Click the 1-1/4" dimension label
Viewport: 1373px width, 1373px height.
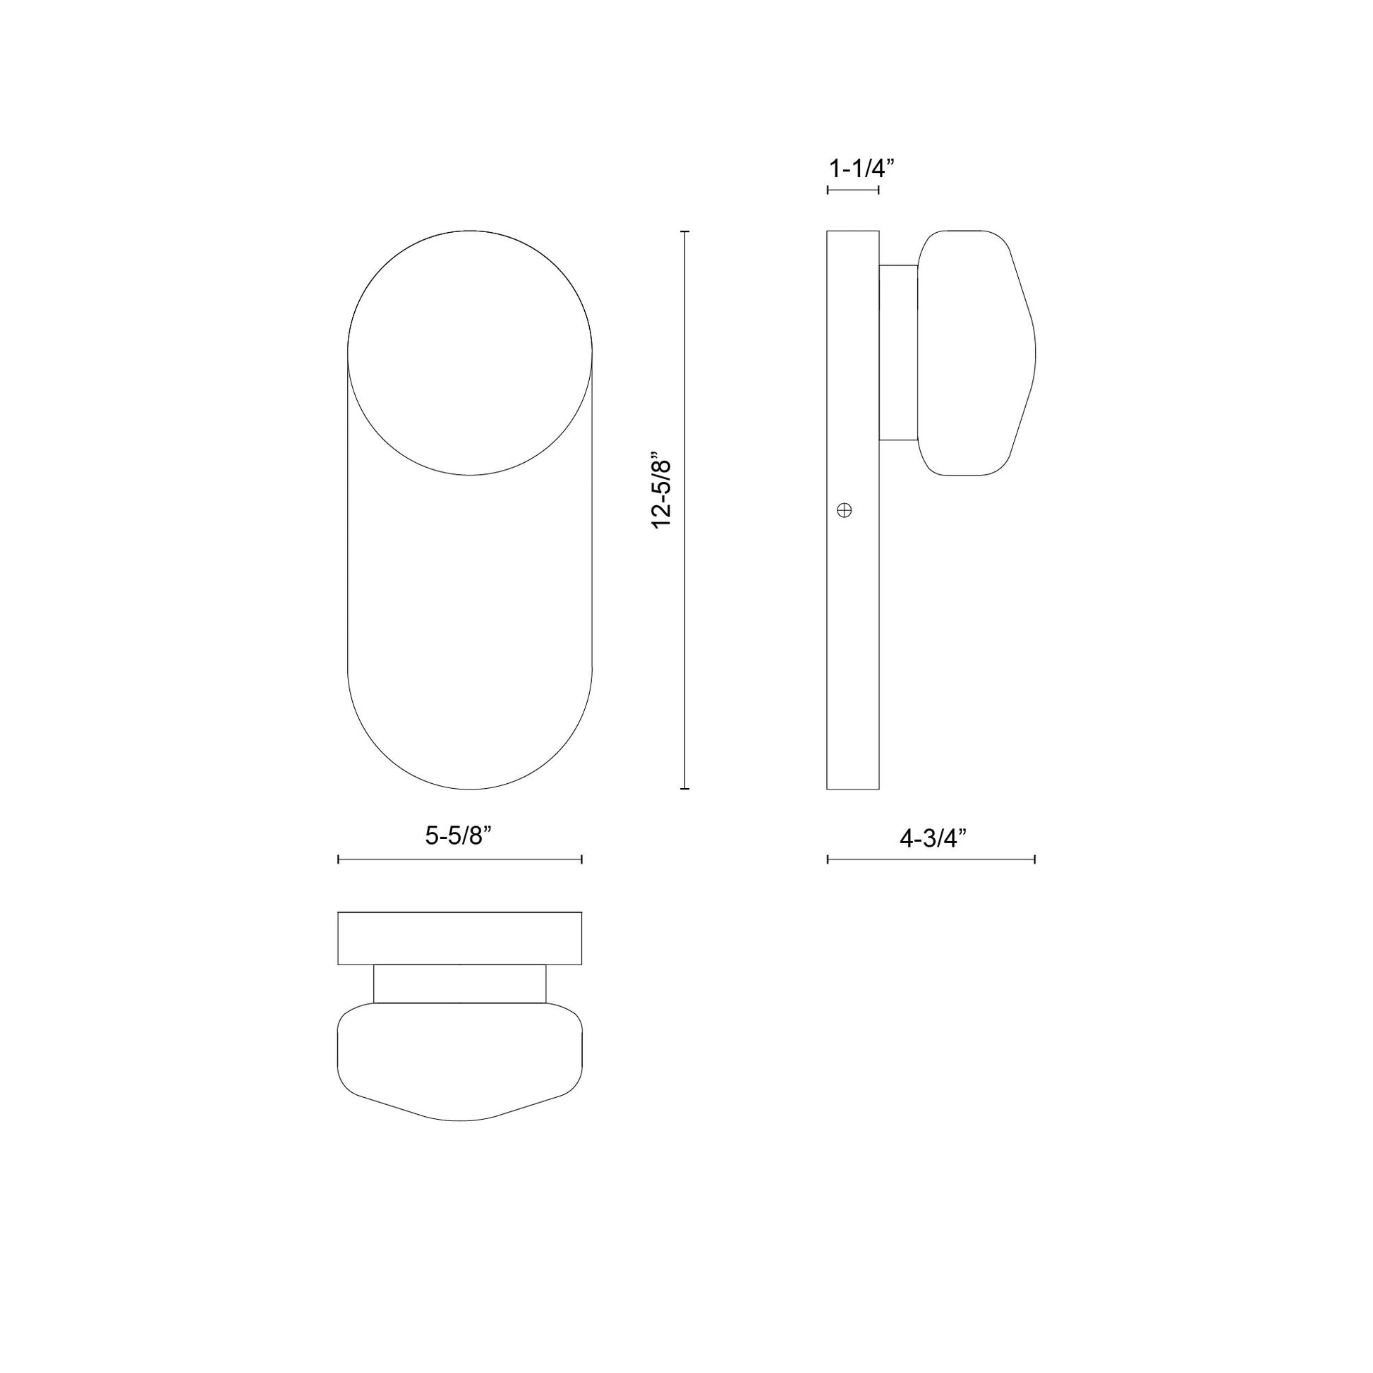tap(861, 169)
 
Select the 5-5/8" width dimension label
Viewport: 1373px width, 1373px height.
tap(459, 836)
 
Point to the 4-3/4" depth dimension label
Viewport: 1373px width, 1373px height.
tap(934, 839)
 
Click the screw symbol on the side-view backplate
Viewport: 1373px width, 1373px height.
tap(845, 509)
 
